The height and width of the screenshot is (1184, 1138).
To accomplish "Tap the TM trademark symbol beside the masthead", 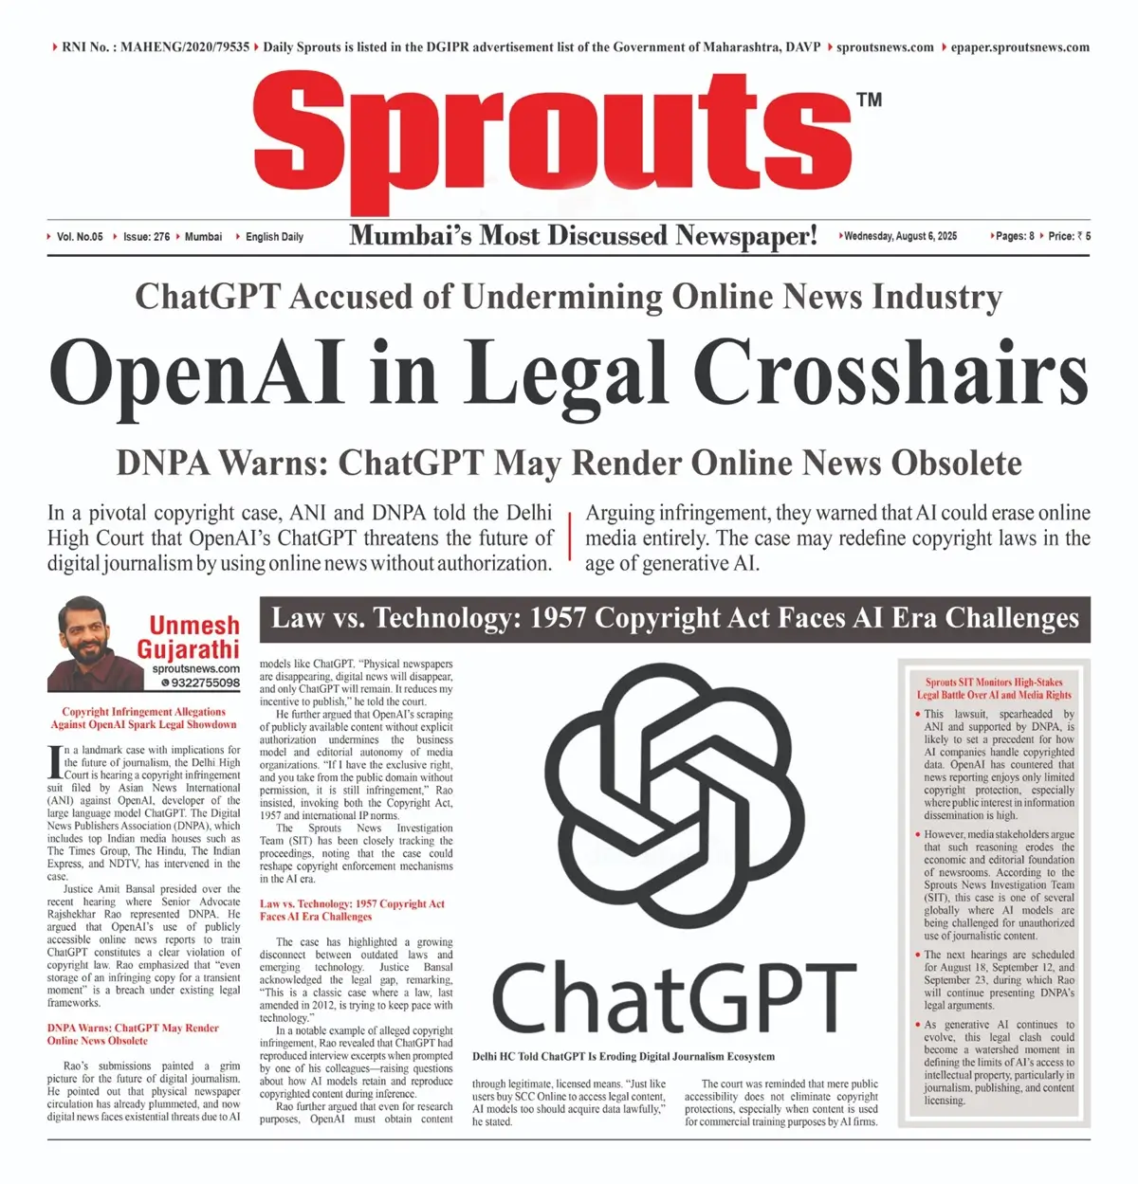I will (x=869, y=99).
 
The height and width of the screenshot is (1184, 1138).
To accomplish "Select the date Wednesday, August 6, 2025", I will (x=900, y=236).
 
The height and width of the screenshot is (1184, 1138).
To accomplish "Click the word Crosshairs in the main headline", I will (x=890, y=372).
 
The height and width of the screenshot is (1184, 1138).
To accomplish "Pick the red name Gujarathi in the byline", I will (x=188, y=649).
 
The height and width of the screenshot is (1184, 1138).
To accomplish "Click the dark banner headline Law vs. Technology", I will (x=674, y=619).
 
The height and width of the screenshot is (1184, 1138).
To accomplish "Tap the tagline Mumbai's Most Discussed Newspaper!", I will (x=582, y=235).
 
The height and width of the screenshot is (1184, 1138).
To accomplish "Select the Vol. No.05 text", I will (x=80, y=236).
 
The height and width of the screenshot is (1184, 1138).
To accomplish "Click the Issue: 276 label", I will (x=146, y=236).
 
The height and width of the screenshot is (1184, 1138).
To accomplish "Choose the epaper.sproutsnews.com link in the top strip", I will (x=1019, y=46).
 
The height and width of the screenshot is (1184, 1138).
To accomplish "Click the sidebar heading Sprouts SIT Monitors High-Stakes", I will (x=994, y=682).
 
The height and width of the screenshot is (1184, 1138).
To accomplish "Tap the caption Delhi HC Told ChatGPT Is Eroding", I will (x=623, y=1056).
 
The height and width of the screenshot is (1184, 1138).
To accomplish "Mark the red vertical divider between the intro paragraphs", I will (x=569, y=537).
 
